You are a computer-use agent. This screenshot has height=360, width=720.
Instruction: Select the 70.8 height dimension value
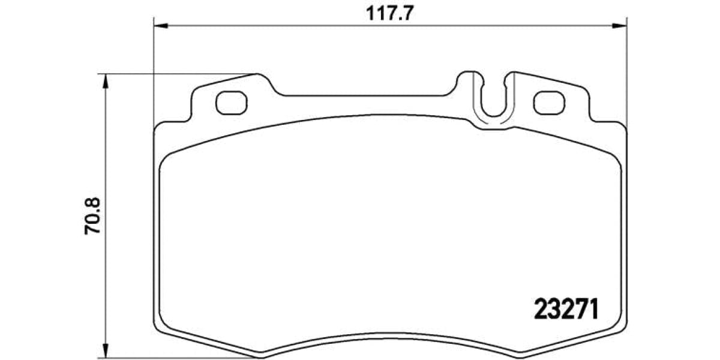(x=94, y=215)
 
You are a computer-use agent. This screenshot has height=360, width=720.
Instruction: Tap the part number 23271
(x=566, y=310)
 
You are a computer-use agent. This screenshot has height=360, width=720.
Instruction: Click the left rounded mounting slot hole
(x=231, y=103)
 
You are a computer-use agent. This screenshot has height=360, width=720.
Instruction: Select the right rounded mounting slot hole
(x=549, y=103)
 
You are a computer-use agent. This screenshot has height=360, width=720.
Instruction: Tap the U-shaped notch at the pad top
(x=493, y=96)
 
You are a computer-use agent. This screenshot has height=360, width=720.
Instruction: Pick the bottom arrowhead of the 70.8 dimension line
(x=106, y=352)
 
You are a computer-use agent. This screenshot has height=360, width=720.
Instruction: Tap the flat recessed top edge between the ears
(x=366, y=95)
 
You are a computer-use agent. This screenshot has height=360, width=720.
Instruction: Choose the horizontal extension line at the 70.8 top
(x=180, y=74)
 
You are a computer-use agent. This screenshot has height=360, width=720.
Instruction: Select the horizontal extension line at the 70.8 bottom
(x=180, y=359)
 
